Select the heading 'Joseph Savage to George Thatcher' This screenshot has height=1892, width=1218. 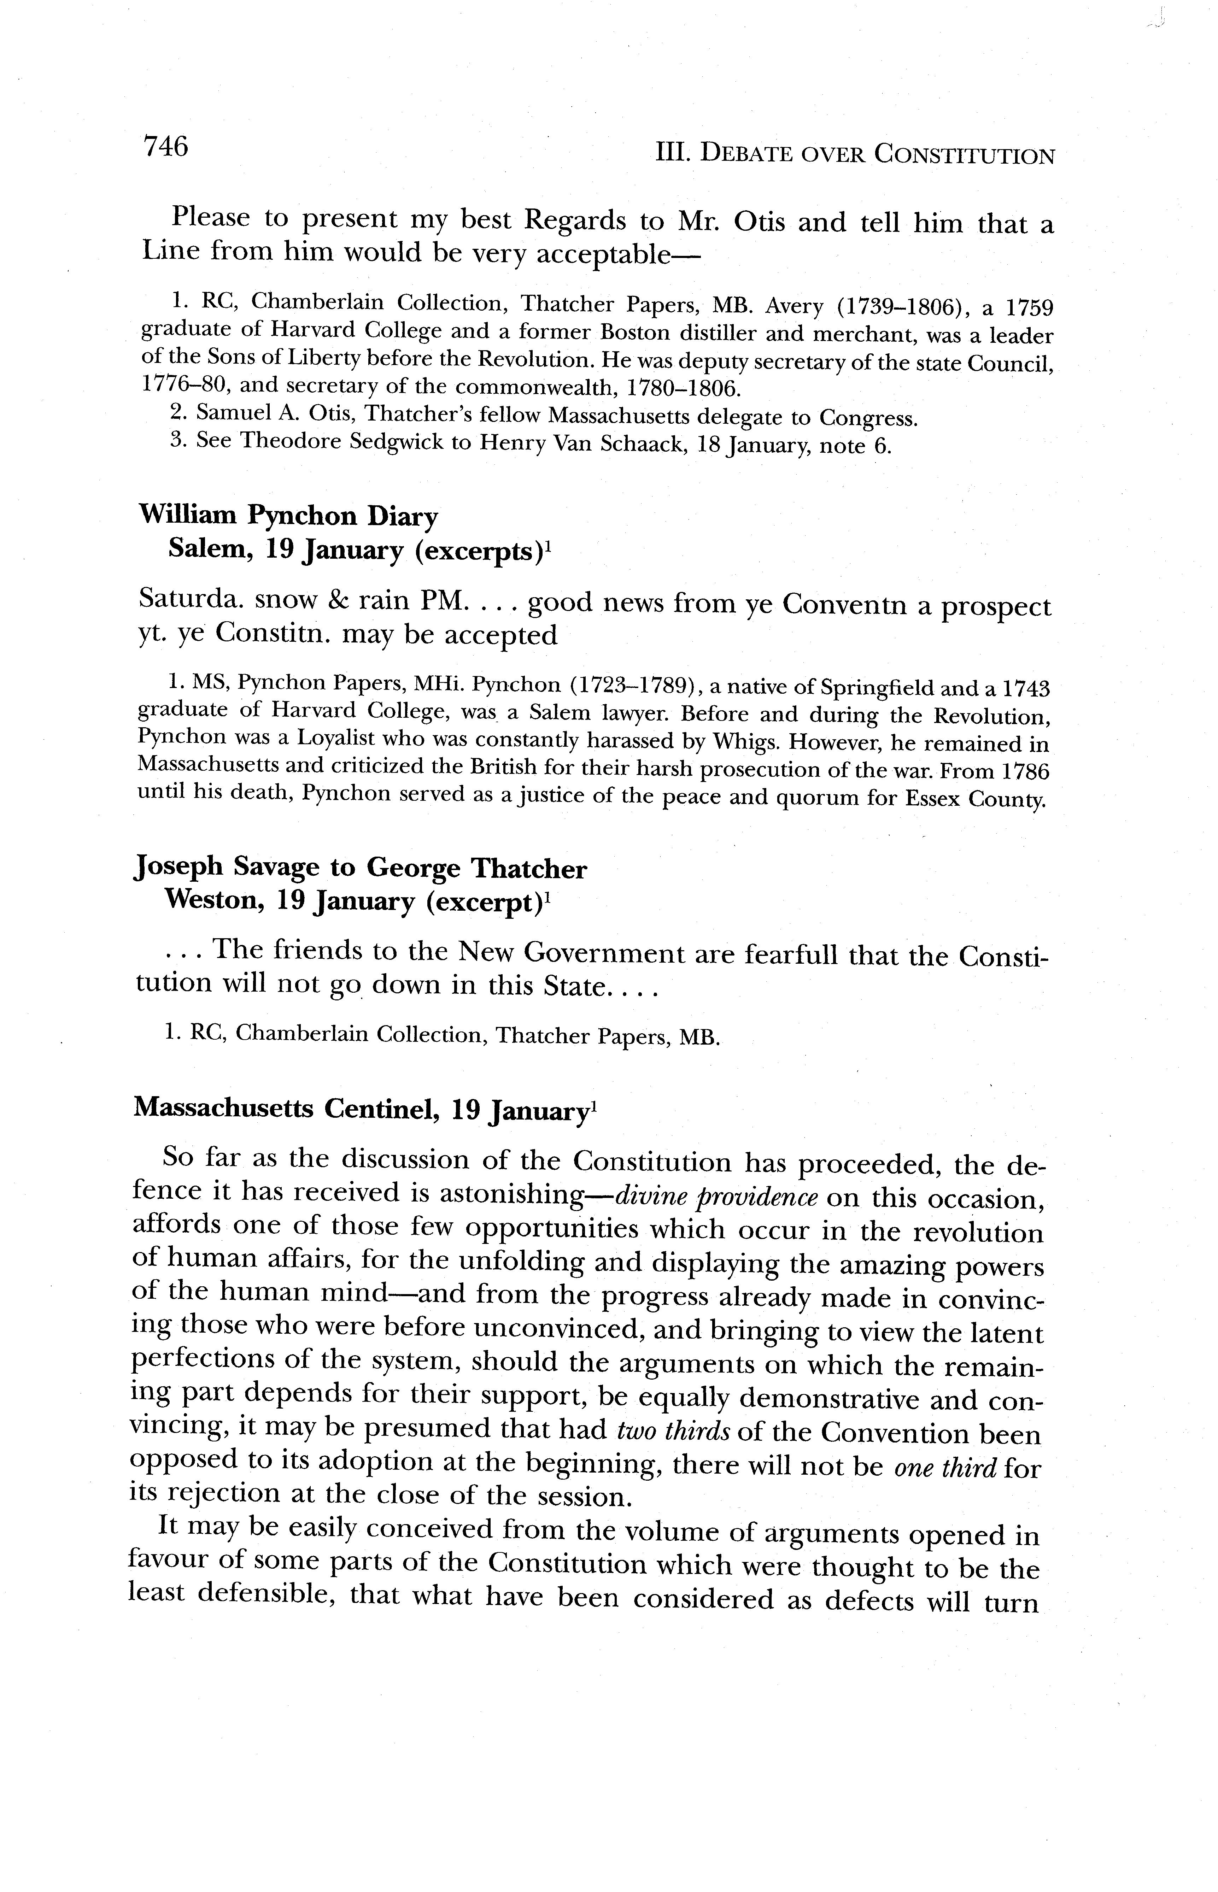361,868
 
